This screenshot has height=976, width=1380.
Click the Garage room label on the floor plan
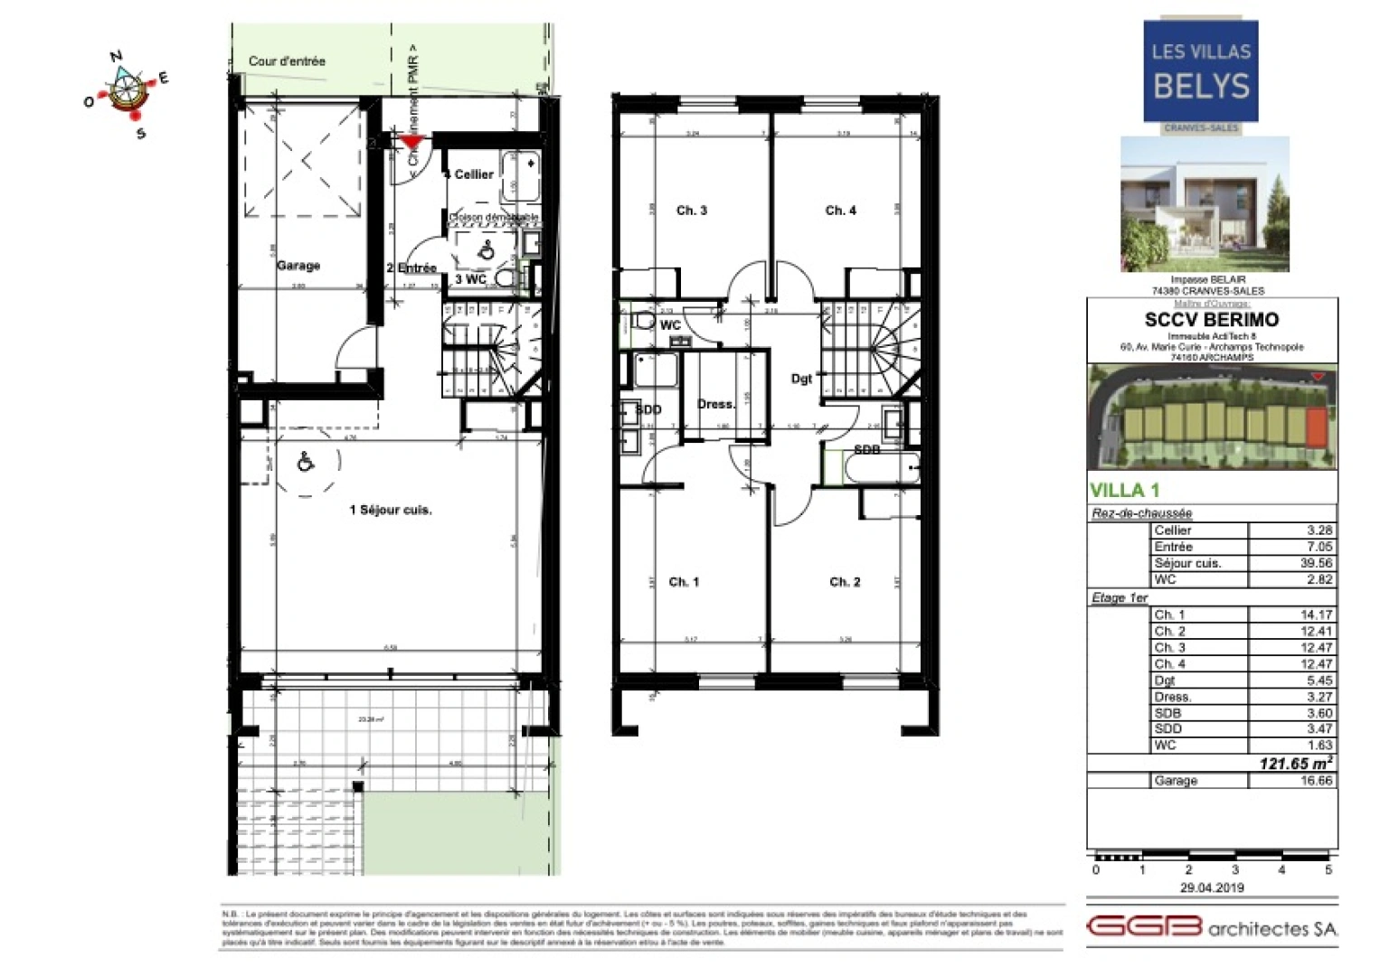pos(298,266)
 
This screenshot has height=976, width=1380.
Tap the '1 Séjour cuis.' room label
pos(391,510)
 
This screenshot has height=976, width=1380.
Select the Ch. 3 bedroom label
pos(691,211)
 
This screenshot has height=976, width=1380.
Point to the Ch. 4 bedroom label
pos(840,211)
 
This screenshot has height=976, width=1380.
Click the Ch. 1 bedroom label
pos(684,582)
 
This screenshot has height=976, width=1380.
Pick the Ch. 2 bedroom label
pos(845,582)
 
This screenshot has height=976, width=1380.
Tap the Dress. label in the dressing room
pos(715,404)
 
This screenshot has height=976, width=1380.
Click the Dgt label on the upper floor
pos(801,379)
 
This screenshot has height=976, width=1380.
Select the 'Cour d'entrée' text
pos(287,61)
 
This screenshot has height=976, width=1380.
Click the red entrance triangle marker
pos(412,141)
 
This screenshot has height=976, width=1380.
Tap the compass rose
pos(127,92)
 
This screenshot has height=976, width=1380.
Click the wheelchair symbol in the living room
pos(306,463)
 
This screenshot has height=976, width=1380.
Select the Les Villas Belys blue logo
pos(1200,71)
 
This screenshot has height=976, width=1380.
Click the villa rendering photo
pos(1205,204)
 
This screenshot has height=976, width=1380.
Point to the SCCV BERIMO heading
pos(1211,320)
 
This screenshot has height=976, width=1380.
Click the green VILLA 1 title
pos(1124,491)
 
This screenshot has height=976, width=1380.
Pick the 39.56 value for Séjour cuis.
pos(1315,563)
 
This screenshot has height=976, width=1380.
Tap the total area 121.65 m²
pos(1295,764)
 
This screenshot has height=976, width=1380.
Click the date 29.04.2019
pos(1212,887)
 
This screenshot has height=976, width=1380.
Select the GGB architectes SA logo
pos(1211,927)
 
